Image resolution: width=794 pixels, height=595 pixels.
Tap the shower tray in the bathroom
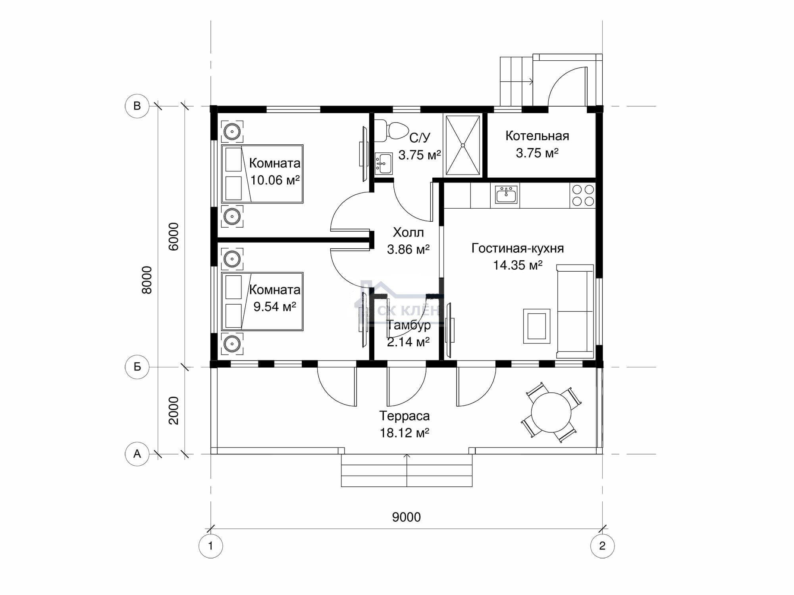[463, 145]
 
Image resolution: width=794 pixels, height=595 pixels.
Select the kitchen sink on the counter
[506, 195]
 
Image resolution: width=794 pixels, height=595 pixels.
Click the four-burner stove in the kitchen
[583, 195]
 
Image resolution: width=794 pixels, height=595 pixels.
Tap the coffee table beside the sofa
[537, 326]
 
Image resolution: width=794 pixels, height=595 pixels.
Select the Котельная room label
[537, 136]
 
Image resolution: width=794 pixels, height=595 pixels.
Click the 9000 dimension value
[406, 517]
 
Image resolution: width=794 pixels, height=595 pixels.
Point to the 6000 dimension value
[174, 236]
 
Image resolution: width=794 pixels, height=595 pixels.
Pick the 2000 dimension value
[174, 411]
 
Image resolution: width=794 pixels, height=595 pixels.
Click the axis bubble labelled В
[137, 106]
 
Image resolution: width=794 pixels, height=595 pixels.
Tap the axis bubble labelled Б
[137, 367]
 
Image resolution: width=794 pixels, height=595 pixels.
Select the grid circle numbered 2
[602, 546]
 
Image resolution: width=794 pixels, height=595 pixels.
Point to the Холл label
[408, 232]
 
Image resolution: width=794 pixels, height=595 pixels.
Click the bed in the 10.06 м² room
[262, 174]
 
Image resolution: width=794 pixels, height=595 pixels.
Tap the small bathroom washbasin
[384, 163]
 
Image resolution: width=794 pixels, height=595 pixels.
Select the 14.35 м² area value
[517, 265]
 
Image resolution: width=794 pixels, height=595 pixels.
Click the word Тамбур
[409, 326]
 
